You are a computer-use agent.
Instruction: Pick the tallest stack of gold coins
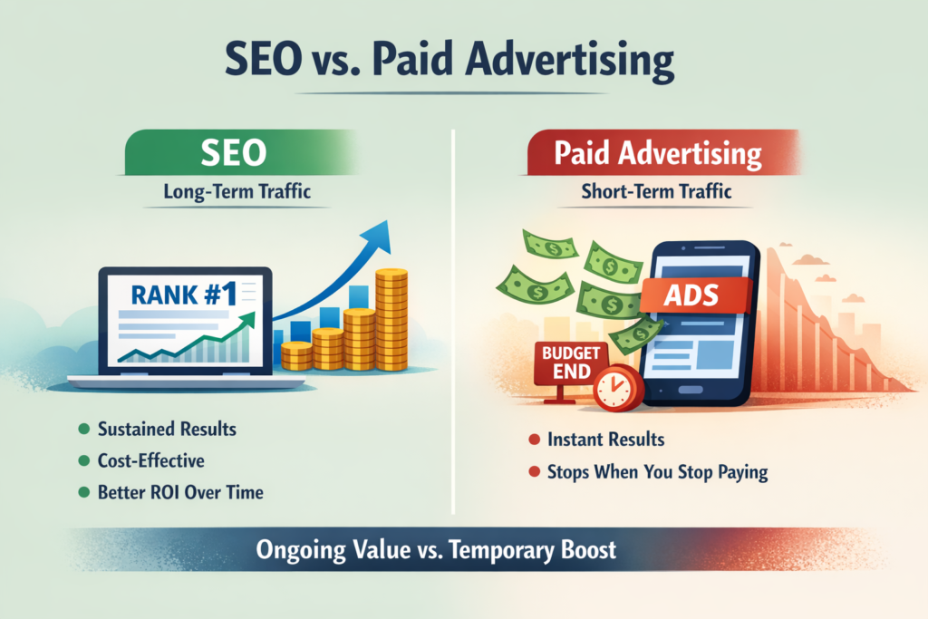tap(392, 317)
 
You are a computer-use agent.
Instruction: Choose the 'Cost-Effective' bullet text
tap(151, 461)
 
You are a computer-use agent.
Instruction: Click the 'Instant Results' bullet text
tap(605, 440)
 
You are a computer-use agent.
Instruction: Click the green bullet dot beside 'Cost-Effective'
tap(84, 462)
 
